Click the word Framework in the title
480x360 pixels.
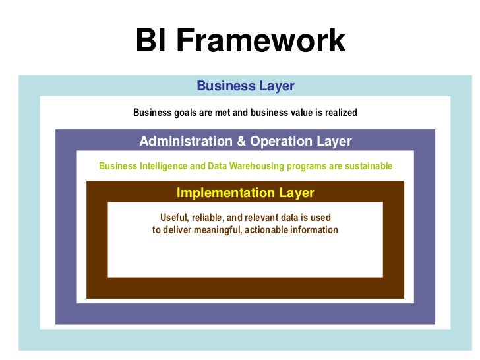(260, 41)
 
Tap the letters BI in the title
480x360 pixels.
(153, 41)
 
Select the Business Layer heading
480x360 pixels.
(245, 86)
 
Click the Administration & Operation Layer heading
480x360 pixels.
(245, 141)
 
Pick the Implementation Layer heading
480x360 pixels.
(245, 193)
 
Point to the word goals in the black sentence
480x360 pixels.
(185, 113)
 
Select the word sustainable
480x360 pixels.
(368, 166)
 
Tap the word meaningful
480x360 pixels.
(218, 230)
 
